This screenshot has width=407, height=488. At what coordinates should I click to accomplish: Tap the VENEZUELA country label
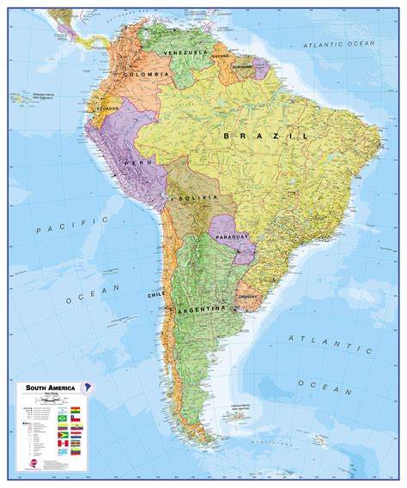[190, 53]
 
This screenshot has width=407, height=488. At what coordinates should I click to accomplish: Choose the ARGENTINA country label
[200, 308]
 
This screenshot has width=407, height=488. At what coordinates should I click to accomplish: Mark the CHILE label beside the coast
[155, 295]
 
